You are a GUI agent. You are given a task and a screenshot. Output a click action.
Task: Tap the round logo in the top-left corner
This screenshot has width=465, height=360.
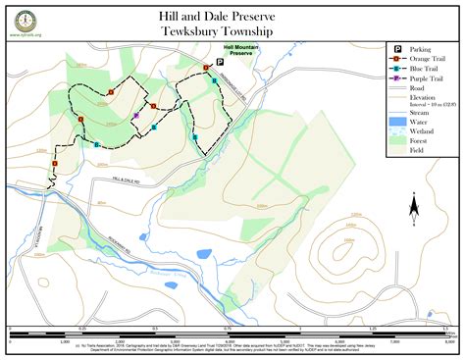[x=22, y=19]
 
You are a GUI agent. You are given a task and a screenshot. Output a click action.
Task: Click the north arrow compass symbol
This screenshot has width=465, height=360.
[x=415, y=205]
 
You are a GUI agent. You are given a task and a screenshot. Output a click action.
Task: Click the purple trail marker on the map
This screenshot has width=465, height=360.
[x=136, y=115]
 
